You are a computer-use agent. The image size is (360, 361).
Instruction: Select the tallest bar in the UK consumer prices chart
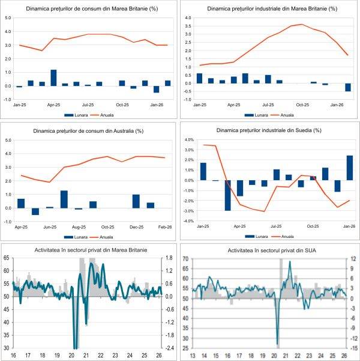53,78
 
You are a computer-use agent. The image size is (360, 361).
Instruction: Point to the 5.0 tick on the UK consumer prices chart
8,17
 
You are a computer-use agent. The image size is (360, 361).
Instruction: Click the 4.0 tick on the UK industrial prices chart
187,18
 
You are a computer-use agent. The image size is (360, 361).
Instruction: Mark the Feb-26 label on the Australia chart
166,226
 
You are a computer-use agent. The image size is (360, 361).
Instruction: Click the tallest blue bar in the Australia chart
64,199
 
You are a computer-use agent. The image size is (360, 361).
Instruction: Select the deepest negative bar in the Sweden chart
228,195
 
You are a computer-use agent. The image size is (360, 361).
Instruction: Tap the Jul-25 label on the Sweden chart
277,226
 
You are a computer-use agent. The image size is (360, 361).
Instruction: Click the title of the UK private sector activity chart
89,249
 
